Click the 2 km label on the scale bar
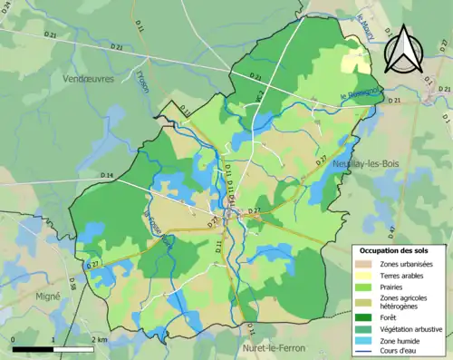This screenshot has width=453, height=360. click(x=101, y=340)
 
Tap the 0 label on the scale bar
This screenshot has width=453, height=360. click(x=13, y=340)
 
